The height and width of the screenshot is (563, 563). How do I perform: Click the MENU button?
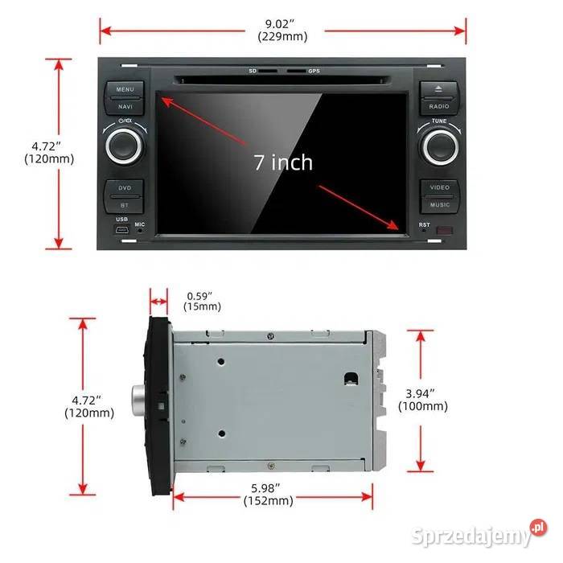(x=125, y=89)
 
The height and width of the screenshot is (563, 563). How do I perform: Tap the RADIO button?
(x=438, y=106)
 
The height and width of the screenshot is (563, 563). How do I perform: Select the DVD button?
(x=125, y=188)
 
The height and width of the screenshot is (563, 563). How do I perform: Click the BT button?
(x=125, y=205)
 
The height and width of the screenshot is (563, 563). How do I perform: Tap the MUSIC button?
(x=439, y=205)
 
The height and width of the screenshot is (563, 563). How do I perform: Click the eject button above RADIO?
(x=438, y=89)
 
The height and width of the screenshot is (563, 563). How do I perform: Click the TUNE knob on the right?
(x=439, y=146)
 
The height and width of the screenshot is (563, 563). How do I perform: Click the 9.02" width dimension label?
(x=281, y=31)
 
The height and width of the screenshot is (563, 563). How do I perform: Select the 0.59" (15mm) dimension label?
(x=202, y=300)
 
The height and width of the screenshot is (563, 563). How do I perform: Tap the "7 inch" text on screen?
(x=283, y=162)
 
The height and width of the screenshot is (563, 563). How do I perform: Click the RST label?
(x=424, y=224)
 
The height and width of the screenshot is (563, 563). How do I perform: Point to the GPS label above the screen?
(x=314, y=72)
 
